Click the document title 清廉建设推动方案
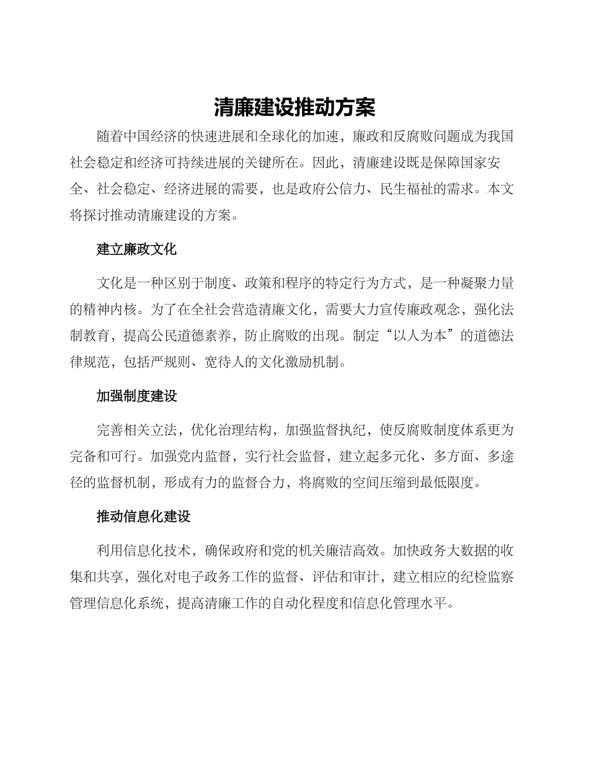pyautogui.click(x=294, y=107)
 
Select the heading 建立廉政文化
pyautogui.click(x=136, y=249)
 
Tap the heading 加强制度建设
pyautogui.click(x=136, y=396)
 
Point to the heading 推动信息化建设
pyautogui.click(x=143, y=516)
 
